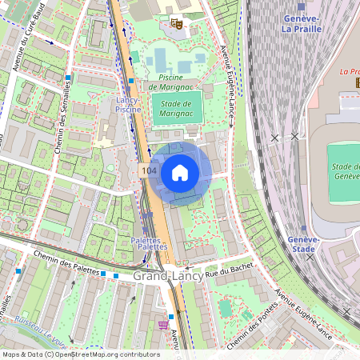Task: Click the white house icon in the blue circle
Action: click(180, 173)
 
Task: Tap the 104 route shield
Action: click(147, 171)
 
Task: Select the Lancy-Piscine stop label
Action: click(128, 104)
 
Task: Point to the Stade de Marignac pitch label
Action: click(177, 108)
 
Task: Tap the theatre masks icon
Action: click(177, 24)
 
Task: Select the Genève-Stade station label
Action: click(302, 244)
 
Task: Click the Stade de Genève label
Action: click(344, 170)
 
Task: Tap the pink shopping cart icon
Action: click(163, 325)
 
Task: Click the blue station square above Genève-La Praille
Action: click(301, 6)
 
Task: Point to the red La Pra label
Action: click(349, 71)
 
